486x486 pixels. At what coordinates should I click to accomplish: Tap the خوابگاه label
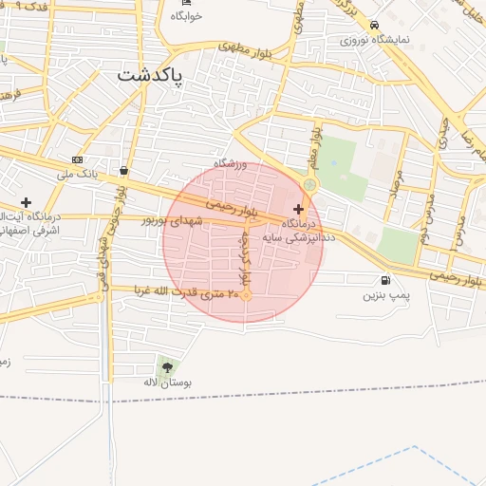click(x=186, y=17)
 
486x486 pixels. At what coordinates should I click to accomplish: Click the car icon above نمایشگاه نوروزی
click(x=375, y=26)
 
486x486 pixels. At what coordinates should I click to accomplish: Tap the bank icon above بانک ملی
click(x=77, y=159)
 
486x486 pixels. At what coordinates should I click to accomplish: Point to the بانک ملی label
click(x=77, y=174)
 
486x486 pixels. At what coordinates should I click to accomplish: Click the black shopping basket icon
click(x=124, y=171)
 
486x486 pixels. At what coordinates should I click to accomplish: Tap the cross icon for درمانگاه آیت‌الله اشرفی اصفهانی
click(x=26, y=202)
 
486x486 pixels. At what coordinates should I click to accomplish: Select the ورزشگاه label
click(x=230, y=164)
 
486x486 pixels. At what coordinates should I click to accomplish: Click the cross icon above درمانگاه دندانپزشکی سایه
click(x=299, y=208)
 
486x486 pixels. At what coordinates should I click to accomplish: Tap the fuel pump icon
click(x=383, y=280)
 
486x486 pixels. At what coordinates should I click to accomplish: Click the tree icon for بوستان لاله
click(x=167, y=366)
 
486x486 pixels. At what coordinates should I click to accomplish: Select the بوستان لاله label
click(x=168, y=383)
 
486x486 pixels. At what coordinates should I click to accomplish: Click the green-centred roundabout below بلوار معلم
click(x=309, y=184)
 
